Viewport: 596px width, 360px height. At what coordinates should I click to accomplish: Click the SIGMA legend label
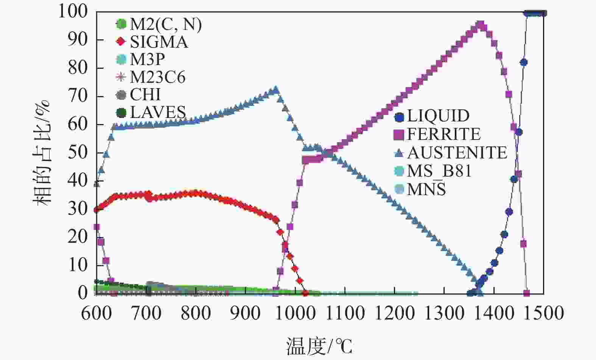pos(159,42)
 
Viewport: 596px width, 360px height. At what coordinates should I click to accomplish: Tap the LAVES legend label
pos(158,112)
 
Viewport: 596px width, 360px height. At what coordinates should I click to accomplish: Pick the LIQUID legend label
pos(438,116)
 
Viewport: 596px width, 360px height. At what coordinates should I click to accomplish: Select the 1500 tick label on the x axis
pos(544,313)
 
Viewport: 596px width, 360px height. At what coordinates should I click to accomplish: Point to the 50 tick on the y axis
pos(78,152)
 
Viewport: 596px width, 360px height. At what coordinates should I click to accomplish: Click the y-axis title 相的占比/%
pos(42,152)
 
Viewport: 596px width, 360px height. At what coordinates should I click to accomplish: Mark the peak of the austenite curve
pos(275,90)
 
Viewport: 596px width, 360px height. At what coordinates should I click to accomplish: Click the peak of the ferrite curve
pos(481,25)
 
